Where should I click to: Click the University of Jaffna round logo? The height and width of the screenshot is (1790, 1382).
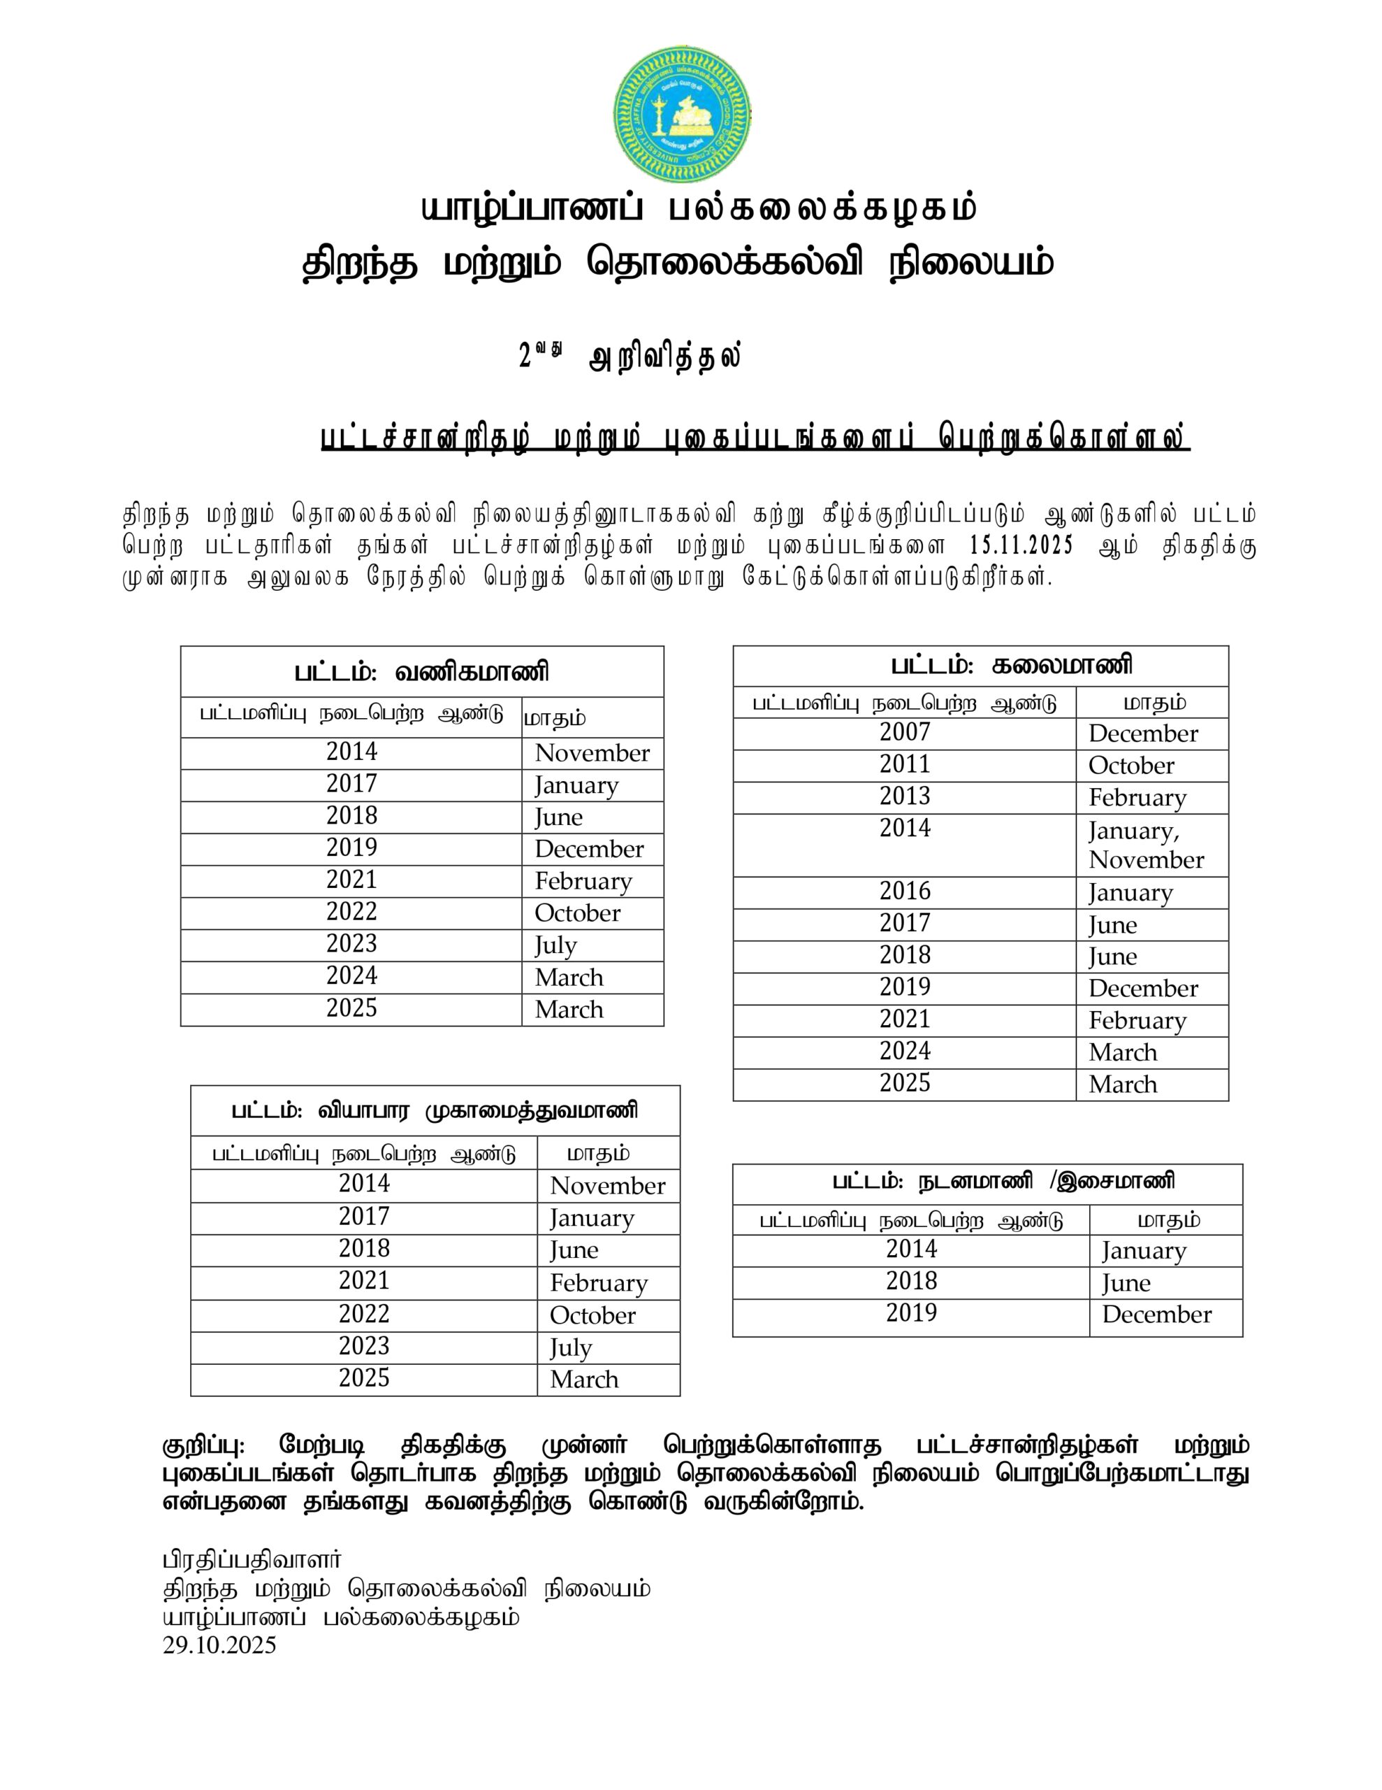click(x=682, y=115)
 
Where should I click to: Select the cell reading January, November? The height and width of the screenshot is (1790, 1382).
click(x=1145, y=845)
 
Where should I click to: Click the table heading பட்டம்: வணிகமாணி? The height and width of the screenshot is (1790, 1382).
click(x=422, y=672)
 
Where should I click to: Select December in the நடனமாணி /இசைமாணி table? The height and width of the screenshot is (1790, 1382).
click(x=1156, y=1315)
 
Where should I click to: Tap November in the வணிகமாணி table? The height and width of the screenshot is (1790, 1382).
click(x=592, y=753)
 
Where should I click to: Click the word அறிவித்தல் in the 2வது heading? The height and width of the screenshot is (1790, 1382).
click(x=665, y=358)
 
